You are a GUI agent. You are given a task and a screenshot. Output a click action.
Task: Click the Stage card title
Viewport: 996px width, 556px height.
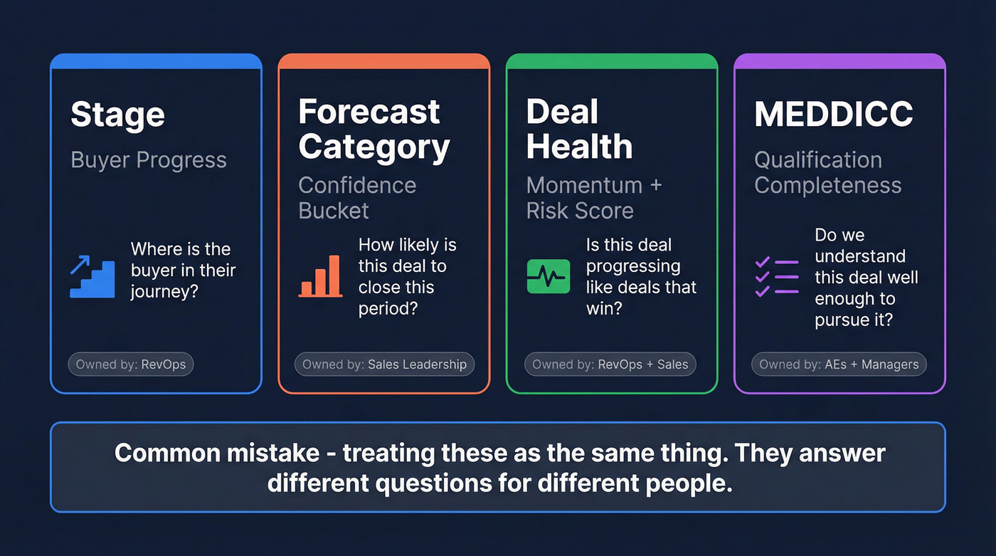pos(117,115)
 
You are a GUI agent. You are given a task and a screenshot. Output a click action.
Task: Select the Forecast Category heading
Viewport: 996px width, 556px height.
pos(374,130)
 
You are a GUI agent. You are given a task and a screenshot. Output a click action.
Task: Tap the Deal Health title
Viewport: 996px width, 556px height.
pos(579,130)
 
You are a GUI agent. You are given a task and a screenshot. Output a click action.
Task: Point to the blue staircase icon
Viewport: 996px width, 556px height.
pos(92,277)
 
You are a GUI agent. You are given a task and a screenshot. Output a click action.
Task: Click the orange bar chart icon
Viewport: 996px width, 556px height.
pos(320,277)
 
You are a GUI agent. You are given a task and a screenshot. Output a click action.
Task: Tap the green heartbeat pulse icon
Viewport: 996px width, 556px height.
pos(548,277)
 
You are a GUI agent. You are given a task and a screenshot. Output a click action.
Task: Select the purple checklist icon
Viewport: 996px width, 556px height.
pos(776,277)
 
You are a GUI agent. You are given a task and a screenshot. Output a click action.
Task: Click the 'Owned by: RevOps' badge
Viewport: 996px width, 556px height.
pos(131,364)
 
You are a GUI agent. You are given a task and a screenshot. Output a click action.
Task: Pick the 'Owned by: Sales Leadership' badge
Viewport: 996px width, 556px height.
pos(384,364)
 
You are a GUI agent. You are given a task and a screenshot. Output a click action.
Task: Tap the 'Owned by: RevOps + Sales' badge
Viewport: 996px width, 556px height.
pos(610,364)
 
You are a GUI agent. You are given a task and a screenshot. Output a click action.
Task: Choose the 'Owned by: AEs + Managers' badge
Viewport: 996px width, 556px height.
pos(839,364)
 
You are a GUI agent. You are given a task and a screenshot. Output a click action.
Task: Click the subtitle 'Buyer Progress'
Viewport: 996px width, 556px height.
pos(149,160)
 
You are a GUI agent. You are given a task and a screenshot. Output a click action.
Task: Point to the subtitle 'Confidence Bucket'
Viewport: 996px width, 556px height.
pos(357,198)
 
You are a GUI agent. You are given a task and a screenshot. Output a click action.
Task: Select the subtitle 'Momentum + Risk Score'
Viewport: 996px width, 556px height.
pos(594,198)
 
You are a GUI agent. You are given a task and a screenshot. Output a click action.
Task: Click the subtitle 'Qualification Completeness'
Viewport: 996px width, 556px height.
pos(827,173)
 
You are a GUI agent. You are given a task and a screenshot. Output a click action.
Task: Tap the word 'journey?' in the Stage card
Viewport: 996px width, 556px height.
pos(161,292)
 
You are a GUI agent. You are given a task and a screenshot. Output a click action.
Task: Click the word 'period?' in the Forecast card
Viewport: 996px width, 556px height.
pos(388,309)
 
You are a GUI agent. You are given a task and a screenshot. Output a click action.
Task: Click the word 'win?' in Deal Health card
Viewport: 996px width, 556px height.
pos(604,309)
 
